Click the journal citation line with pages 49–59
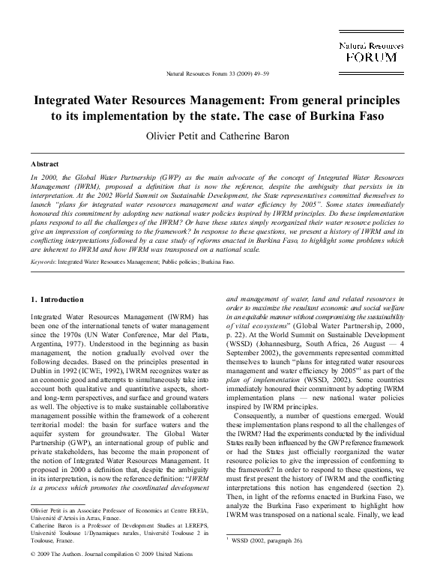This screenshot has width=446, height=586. point(224,74)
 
